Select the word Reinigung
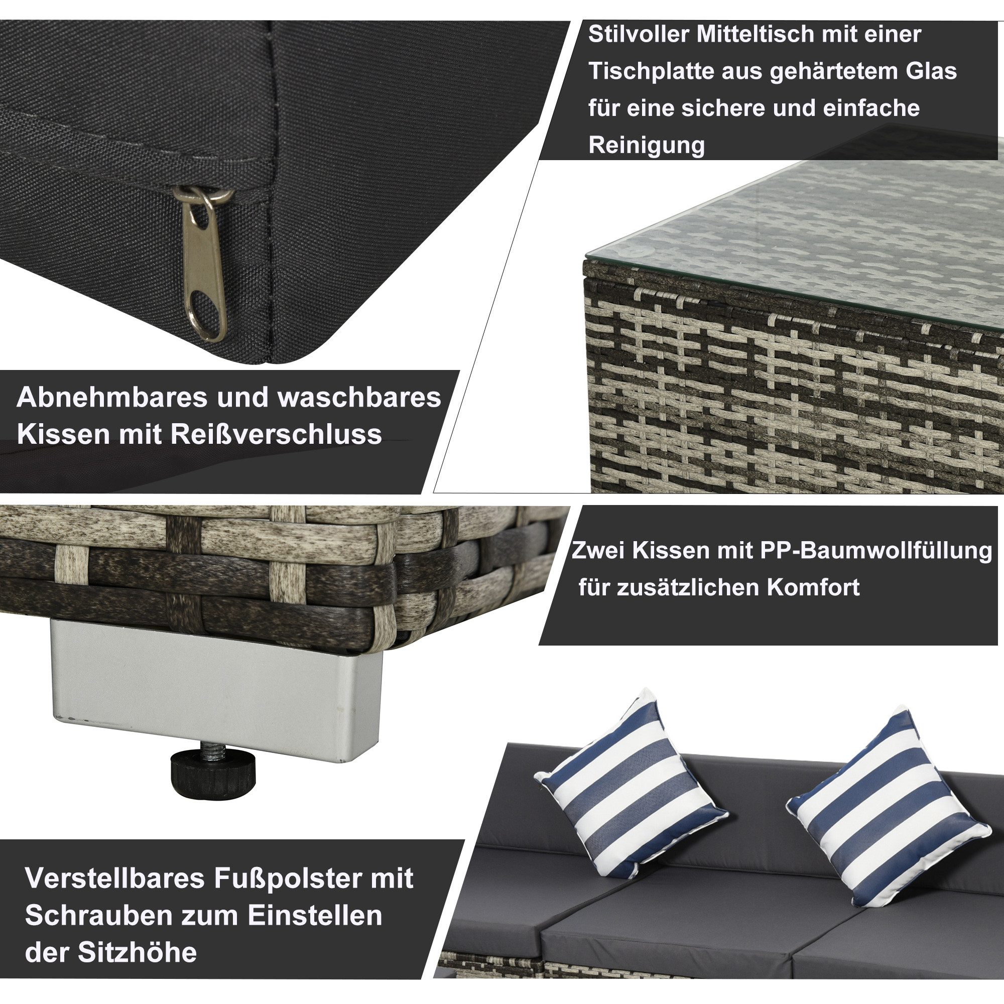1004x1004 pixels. coord(647,145)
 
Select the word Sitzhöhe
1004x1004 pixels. coord(137,953)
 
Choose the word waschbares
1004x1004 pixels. coord(359,397)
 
